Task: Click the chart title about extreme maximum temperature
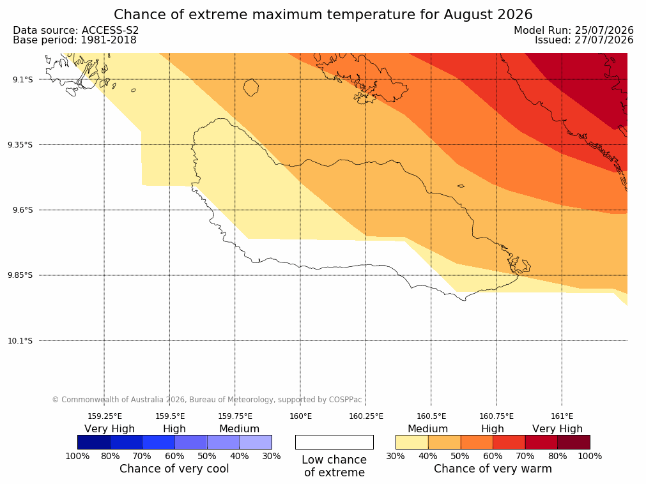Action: coord(323,15)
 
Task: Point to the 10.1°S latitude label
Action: coord(20,341)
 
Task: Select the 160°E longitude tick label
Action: coord(300,416)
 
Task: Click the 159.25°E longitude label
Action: coord(105,416)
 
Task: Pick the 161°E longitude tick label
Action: coord(562,416)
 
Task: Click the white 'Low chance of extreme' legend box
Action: coord(335,442)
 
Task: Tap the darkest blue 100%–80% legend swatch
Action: coord(94,442)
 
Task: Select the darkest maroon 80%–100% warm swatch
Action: coord(574,442)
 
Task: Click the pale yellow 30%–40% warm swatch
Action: coord(412,442)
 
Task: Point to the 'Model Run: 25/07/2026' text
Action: coord(574,31)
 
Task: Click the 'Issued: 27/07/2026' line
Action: coord(584,40)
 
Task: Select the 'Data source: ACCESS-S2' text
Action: coord(76,31)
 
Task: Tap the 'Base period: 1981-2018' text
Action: coord(75,40)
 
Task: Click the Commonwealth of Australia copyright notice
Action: coord(207,400)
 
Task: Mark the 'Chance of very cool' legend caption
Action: coord(174,469)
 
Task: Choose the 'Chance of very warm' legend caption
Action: coord(493,469)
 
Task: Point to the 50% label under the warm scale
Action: coord(460,456)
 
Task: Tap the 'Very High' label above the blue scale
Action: coord(110,429)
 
